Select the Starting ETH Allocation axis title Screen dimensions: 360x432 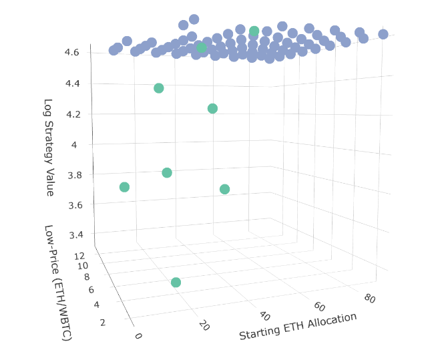(x=297, y=325)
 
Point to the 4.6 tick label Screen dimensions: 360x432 (x=72, y=52)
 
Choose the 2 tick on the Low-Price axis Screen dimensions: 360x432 (x=103, y=323)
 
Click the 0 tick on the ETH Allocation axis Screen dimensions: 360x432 (x=138, y=336)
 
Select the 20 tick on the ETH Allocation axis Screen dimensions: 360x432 (x=204, y=325)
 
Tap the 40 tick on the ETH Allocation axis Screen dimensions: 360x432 (x=264, y=315)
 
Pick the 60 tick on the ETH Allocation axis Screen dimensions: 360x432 (x=318, y=306)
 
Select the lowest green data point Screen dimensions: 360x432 (x=176, y=283)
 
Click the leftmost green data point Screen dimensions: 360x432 (x=124, y=187)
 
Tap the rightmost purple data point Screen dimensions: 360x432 (x=383, y=34)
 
